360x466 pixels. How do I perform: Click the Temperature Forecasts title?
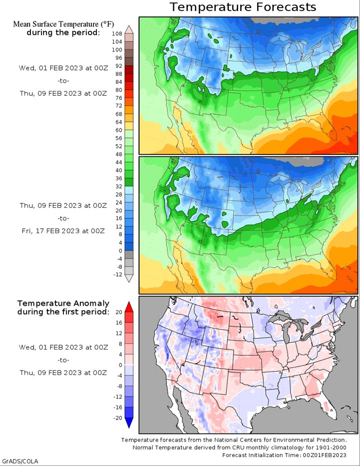(x=243, y=7)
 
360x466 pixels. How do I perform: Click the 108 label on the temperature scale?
(x=117, y=34)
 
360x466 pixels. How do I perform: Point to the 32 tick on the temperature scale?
(x=119, y=186)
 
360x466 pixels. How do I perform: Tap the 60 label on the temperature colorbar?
(x=119, y=130)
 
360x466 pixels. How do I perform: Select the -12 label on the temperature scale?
(x=118, y=275)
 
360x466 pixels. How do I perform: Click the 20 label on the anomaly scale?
(x=119, y=312)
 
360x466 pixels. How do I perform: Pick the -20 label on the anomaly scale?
(x=118, y=418)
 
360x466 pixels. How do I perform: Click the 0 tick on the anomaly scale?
(x=121, y=365)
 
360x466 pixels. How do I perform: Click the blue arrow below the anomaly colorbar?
(x=129, y=423)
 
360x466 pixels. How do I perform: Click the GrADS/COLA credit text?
(x=20, y=461)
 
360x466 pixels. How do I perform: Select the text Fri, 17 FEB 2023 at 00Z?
(x=63, y=231)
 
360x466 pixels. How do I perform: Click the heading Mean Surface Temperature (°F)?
(x=63, y=24)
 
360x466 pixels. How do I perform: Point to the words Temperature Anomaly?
(x=63, y=304)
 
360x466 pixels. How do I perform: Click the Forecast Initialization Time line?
(x=284, y=455)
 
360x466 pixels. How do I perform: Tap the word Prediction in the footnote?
(x=332, y=440)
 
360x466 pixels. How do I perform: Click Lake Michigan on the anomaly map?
(x=286, y=332)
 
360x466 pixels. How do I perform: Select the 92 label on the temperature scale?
(x=119, y=66)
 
